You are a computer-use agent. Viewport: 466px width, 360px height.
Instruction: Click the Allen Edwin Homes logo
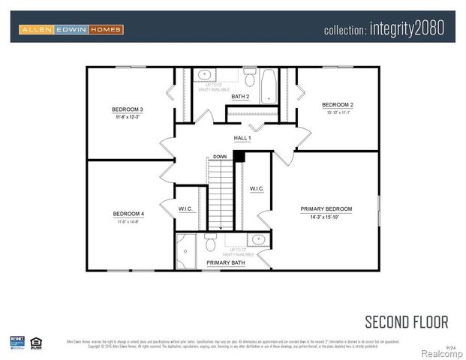point(71,30)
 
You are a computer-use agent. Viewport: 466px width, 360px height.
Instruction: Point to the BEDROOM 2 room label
point(337,104)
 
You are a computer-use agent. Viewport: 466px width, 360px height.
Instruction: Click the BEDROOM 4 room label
point(129,213)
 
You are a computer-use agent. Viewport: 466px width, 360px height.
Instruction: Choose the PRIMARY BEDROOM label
point(326,208)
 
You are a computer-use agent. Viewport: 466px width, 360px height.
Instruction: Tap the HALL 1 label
point(242,138)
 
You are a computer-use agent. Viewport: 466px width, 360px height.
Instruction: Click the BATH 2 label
point(240,97)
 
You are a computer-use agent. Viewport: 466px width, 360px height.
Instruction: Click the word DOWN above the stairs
point(220,156)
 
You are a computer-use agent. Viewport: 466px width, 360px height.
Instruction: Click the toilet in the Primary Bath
point(209,241)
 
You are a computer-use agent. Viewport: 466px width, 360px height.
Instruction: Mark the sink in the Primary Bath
point(258,239)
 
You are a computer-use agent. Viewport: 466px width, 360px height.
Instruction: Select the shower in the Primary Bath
point(187,247)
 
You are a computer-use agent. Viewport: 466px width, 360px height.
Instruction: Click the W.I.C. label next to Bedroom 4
point(187,208)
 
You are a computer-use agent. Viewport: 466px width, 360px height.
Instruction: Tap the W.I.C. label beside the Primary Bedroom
point(257,189)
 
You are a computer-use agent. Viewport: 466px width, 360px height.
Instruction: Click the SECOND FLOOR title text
point(406,322)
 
